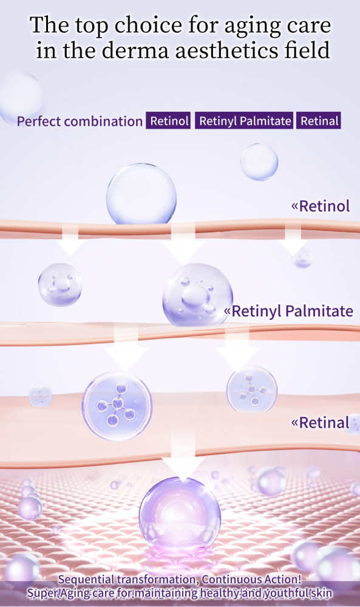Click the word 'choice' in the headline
point(149,26)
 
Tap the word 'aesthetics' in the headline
point(227,51)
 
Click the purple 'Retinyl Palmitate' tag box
point(244,121)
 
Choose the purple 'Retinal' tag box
point(319,121)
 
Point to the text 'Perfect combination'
point(80,121)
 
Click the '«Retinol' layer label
point(321,206)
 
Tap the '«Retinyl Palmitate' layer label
point(289,311)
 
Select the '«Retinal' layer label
point(321,422)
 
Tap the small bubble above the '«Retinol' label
point(259,162)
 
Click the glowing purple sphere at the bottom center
point(180,513)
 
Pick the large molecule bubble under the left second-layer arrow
point(117,406)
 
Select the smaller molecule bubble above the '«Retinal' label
point(251,389)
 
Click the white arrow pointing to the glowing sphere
point(183,457)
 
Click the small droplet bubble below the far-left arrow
point(60,285)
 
